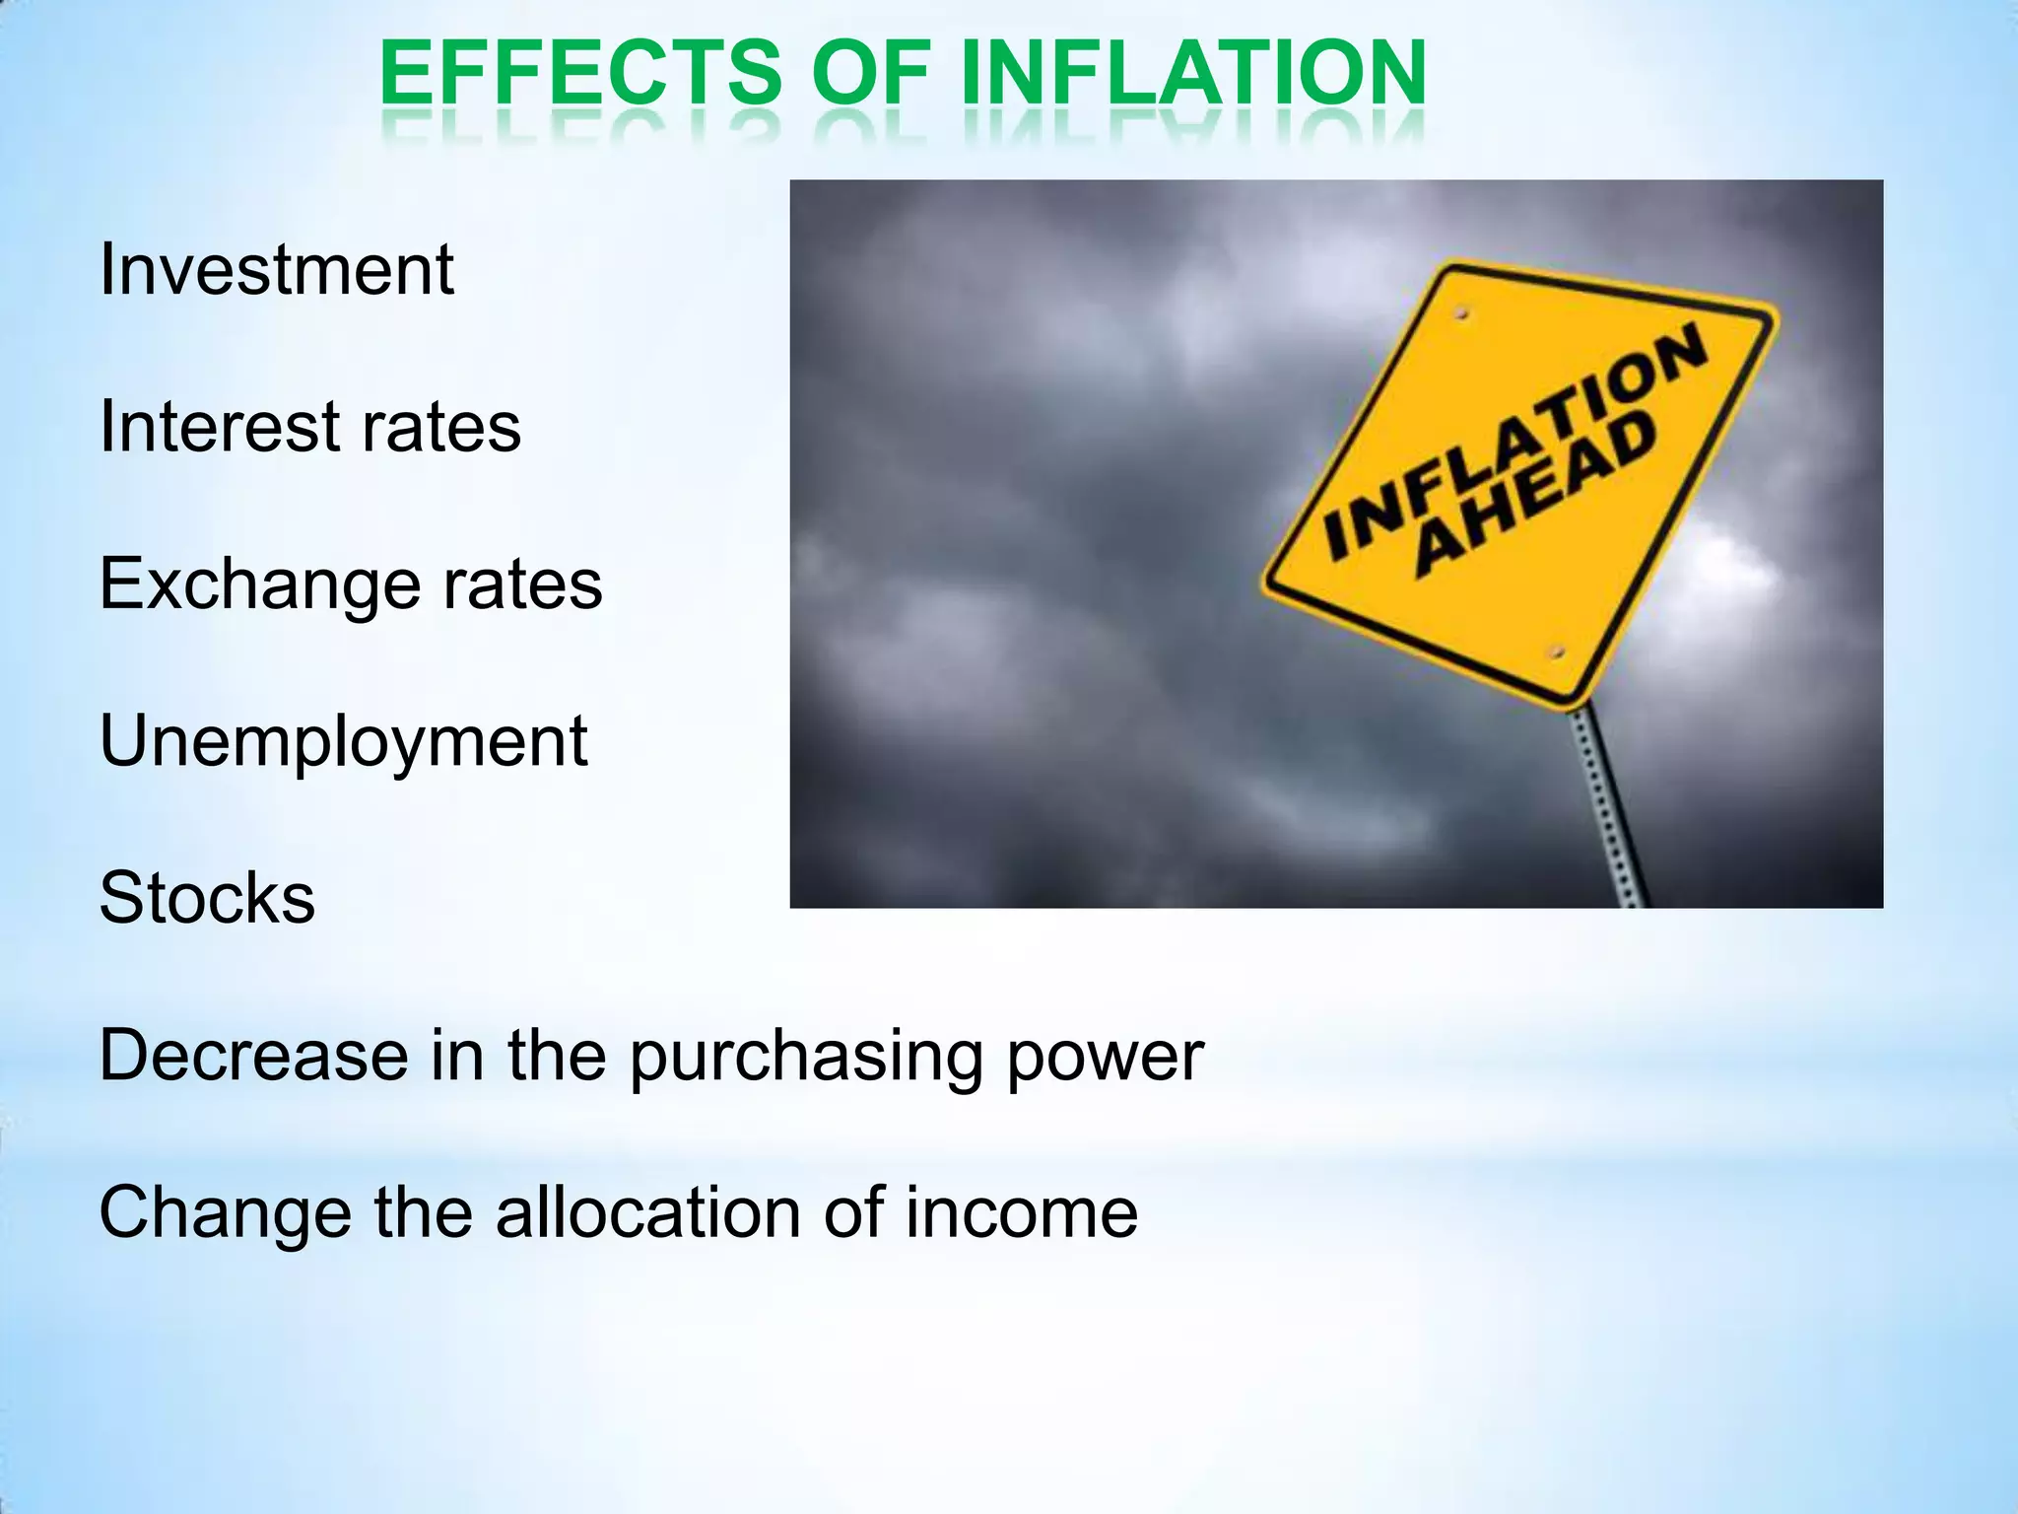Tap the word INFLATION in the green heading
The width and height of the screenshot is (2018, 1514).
pos(1193,73)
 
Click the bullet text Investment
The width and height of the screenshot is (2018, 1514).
pos(277,269)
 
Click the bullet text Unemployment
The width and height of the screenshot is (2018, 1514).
pos(344,741)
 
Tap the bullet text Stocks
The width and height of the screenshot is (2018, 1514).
pos(207,898)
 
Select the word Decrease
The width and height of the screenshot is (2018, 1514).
pos(253,1056)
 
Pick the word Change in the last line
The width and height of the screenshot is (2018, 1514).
pos(225,1213)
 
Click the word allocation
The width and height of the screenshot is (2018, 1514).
pos(648,1212)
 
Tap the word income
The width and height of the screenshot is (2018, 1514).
pos(1022,1213)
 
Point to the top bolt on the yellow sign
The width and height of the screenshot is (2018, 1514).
pos(1462,314)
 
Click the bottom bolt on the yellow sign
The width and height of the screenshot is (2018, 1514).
pos(1556,653)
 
